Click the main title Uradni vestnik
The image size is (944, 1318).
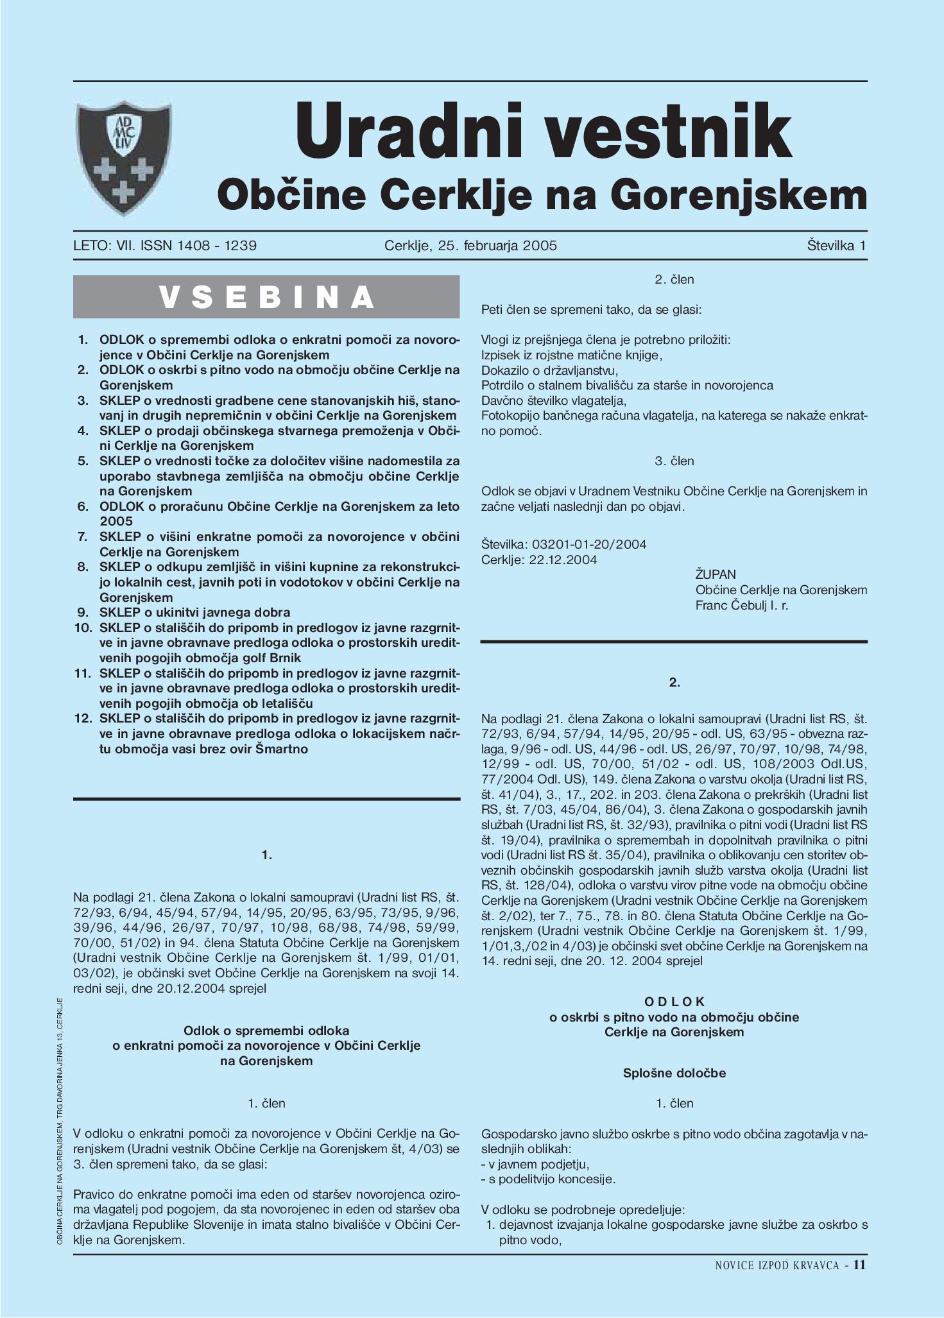[x=543, y=132]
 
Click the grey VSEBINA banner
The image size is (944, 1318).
[x=266, y=296]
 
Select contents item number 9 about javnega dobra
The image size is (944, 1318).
[x=194, y=612]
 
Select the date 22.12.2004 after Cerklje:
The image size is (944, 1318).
[x=563, y=560]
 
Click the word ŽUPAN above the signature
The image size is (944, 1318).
[x=716, y=574]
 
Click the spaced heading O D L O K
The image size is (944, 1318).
[x=674, y=1002]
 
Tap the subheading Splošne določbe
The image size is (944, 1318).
[x=674, y=1073]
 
